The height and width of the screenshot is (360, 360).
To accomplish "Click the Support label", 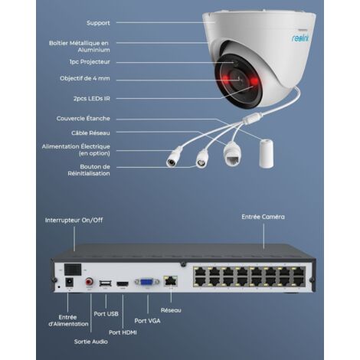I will (97, 22).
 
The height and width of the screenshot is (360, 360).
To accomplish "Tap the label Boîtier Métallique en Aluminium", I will (90, 46).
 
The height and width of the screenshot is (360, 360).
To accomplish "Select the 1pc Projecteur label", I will (90, 61).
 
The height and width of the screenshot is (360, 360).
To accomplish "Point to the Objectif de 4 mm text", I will (86, 78).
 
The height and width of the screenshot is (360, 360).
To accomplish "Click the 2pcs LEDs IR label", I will (92, 97).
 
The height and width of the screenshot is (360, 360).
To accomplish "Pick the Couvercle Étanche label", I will (83, 119).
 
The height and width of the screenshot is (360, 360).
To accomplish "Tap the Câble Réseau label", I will (90, 133).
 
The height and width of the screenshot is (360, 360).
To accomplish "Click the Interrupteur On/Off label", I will (74, 220).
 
